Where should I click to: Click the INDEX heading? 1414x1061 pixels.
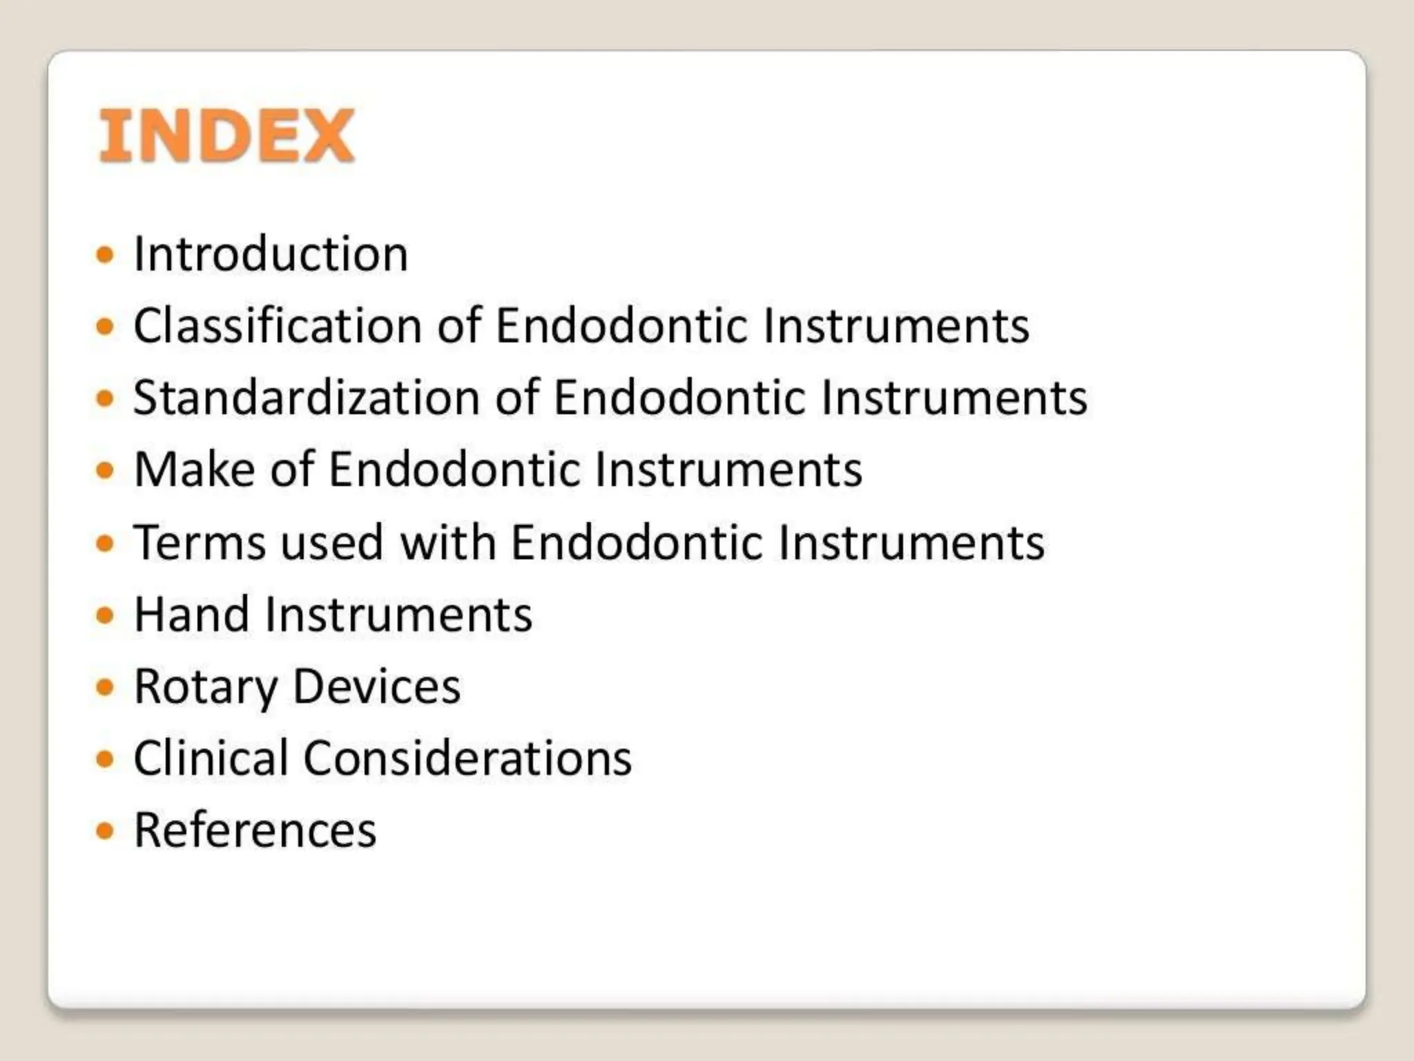click(226, 136)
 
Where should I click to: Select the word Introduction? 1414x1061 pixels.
click(271, 254)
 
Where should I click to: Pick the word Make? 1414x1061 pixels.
click(195, 470)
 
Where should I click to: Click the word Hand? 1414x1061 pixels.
click(191, 614)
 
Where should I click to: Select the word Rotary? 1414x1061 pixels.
click(206, 687)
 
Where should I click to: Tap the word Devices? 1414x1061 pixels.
click(377, 687)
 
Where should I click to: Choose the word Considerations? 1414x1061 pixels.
click(467, 758)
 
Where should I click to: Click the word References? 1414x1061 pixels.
click(255, 830)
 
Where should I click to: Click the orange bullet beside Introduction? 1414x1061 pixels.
click(105, 255)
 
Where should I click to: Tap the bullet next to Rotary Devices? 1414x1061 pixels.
click(105, 687)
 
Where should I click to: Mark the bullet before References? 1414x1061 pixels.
click(105, 830)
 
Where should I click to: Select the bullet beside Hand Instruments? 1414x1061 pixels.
click(105, 615)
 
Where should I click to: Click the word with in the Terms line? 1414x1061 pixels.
click(448, 542)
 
